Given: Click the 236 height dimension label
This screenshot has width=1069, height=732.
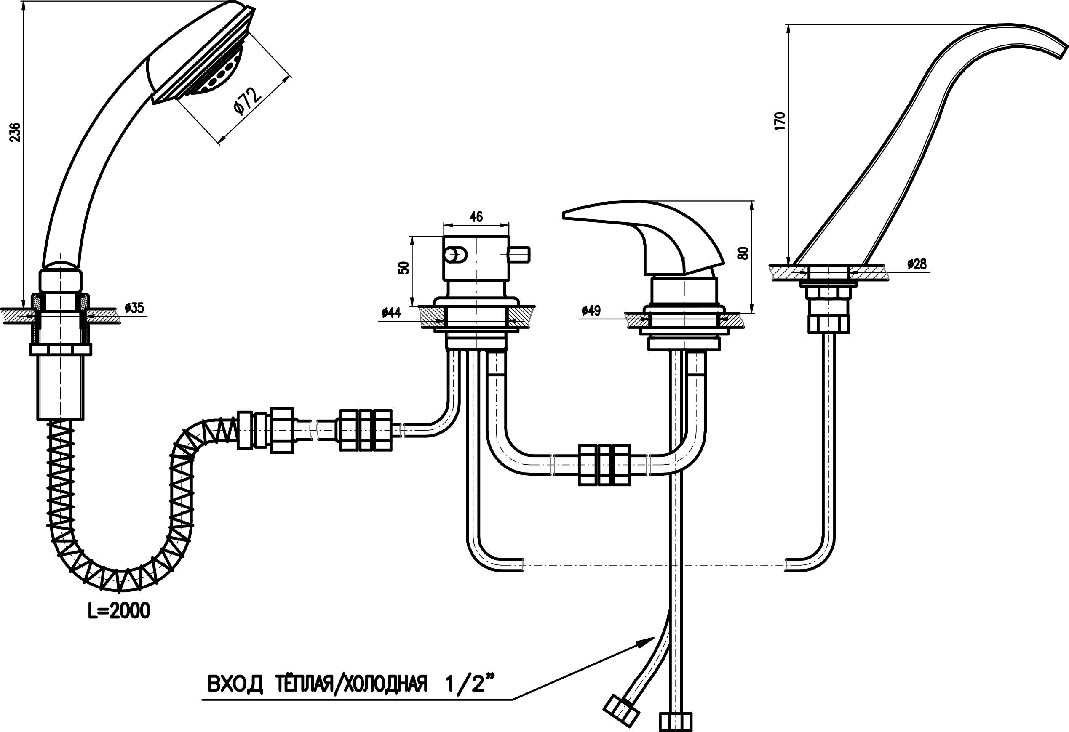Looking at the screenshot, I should pyautogui.click(x=16, y=133).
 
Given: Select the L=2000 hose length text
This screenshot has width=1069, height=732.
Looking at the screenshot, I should pyautogui.click(x=119, y=611).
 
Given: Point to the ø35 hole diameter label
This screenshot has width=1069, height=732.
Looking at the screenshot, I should pyautogui.click(x=134, y=308).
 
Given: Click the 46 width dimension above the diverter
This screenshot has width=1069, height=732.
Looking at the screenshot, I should pyautogui.click(x=476, y=216).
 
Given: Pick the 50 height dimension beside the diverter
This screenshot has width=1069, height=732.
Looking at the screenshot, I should pyautogui.click(x=404, y=268).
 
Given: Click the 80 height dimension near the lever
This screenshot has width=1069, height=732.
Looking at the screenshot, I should pyautogui.click(x=743, y=253).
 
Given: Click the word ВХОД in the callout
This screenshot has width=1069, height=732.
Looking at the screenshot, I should pyautogui.click(x=235, y=684).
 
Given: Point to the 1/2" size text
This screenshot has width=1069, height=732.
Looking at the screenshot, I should pyautogui.click(x=471, y=683).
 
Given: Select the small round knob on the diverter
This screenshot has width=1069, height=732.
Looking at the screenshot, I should pyautogui.click(x=455, y=254).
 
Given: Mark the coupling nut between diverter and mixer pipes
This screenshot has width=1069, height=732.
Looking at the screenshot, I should pyautogui.click(x=604, y=465).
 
